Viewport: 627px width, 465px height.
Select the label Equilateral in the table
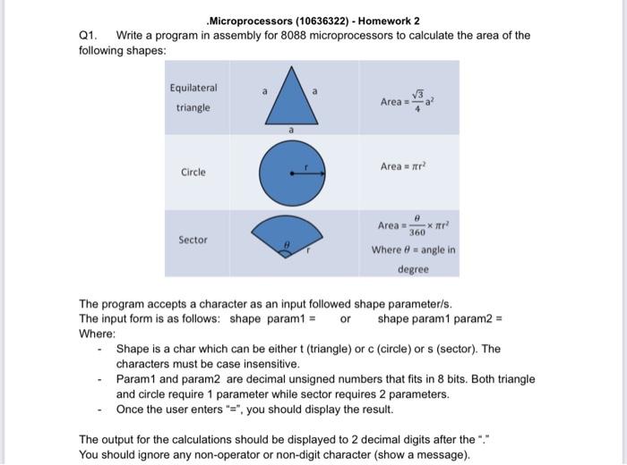[x=193, y=88]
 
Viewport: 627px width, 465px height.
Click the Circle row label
[x=193, y=172]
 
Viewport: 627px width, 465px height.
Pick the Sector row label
[x=193, y=240]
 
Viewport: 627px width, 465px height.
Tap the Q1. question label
[x=88, y=36]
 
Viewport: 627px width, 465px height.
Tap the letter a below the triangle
[x=291, y=130]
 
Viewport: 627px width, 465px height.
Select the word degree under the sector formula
[x=414, y=269]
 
